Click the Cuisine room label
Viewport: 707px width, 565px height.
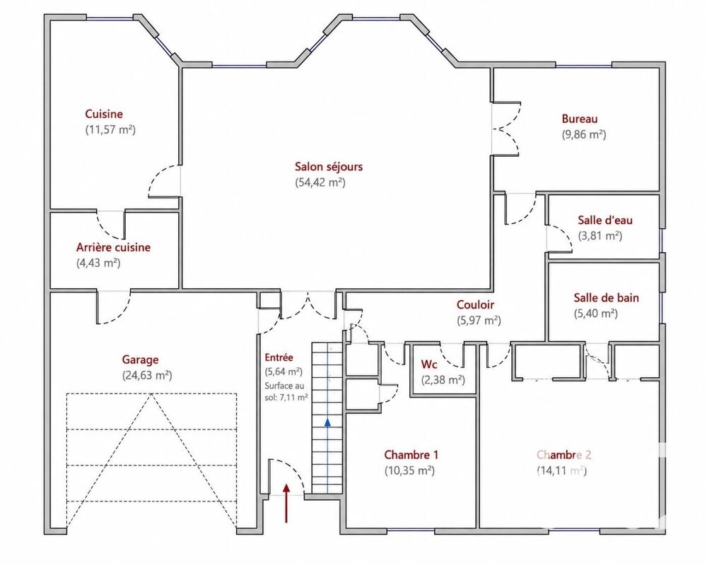click(x=104, y=114)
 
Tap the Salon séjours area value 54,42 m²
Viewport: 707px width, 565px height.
click(x=320, y=182)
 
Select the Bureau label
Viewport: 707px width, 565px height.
click(x=580, y=119)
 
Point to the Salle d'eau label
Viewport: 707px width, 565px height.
click(x=605, y=220)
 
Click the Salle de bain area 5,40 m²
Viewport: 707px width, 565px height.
click(x=595, y=313)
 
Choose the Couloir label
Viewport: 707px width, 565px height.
click(x=475, y=304)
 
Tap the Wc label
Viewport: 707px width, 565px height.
click(x=429, y=364)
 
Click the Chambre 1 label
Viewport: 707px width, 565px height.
click(x=411, y=455)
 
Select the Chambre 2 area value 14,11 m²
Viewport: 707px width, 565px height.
click(x=562, y=470)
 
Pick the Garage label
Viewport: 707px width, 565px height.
click(x=140, y=360)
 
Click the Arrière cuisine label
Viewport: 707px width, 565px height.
click(x=113, y=247)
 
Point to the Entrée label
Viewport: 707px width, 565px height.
click(x=279, y=358)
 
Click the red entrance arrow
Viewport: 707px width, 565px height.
click(x=286, y=503)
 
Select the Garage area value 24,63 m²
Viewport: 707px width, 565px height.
click(x=147, y=375)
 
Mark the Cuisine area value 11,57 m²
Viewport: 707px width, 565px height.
click(x=110, y=130)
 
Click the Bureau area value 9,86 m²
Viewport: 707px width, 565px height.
click(x=584, y=134)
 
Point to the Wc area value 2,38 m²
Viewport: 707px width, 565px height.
click(x=443, y=380)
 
